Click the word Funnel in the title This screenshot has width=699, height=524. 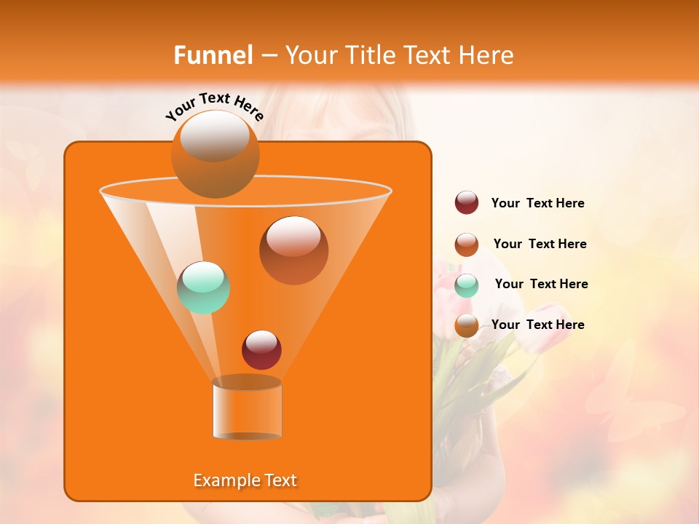(213, 55)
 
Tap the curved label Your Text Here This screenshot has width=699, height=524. (214, 106)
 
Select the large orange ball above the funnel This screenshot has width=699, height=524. (215, 154)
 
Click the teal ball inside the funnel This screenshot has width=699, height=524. (204, 287)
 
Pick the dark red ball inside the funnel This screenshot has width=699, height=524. (261, 349)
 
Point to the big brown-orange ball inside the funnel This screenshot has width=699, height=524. (293, 250)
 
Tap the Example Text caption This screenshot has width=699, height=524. (245, 480)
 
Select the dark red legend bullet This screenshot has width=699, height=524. (467, 203)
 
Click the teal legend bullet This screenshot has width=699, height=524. (467, 285)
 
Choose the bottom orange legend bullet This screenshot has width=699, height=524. (467, 325)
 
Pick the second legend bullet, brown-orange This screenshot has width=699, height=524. (467, 245)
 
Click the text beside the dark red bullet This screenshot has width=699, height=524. (537, 204)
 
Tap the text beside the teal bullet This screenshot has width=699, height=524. (541, 285)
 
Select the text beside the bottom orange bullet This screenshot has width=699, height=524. (537, 325)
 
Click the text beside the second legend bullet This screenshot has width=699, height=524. (540, 244)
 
